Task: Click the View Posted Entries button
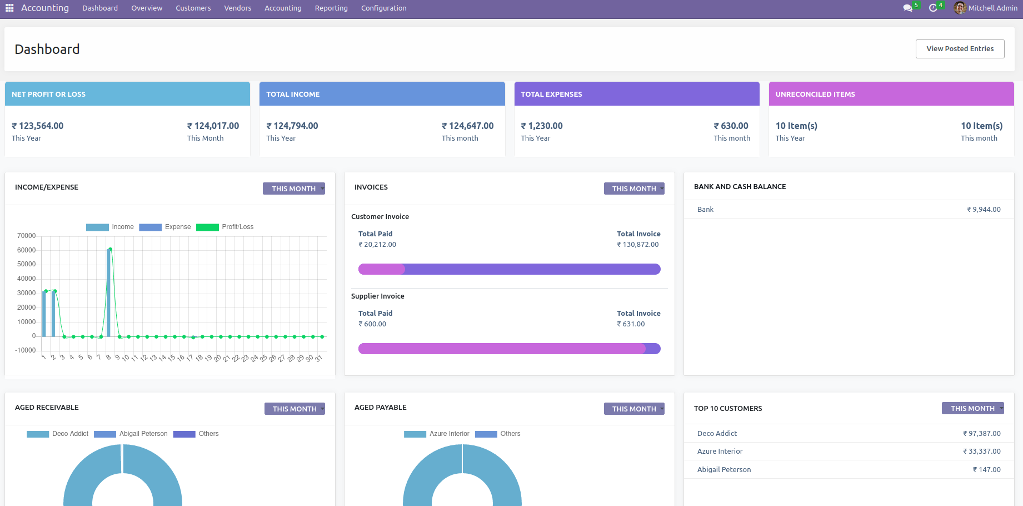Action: click(x=960, y=49)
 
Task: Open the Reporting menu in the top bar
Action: click(x=331, y=8)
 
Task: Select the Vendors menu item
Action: click(x=238, y=8)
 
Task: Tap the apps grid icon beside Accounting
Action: click(x=9, y=8)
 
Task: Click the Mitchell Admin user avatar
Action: click(x=960, y=8)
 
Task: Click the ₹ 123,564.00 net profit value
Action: click(x=38, y=126)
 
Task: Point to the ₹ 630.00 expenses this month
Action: click(x=731, y=126)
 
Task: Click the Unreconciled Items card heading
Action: click(x=815, y=95)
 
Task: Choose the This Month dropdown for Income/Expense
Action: click(x=294, y=189)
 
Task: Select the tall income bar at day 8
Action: click(x=108, y=292)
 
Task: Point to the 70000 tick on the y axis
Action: click(x=26, y=236)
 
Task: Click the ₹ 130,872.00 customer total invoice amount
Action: click(x=638, y=245)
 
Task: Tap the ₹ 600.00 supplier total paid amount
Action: click(x=372, y=324)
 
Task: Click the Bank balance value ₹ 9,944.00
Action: click(x=984, y=210)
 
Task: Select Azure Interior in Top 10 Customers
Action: click(x=720, y=452)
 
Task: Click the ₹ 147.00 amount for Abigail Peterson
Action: click(x=987, y=470)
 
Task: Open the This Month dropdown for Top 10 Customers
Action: click(x=973, y=409)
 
